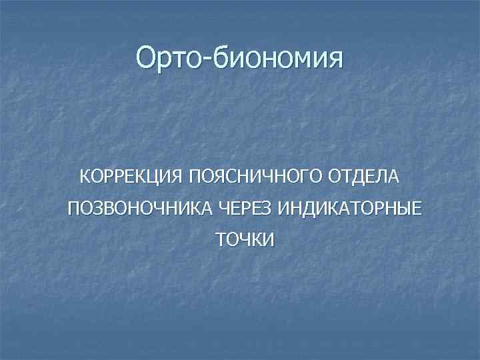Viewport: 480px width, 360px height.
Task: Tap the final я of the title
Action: click(335, 59)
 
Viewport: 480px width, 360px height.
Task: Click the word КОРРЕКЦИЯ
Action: click(131, 177)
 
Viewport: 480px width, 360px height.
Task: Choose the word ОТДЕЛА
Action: click(363, 177)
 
